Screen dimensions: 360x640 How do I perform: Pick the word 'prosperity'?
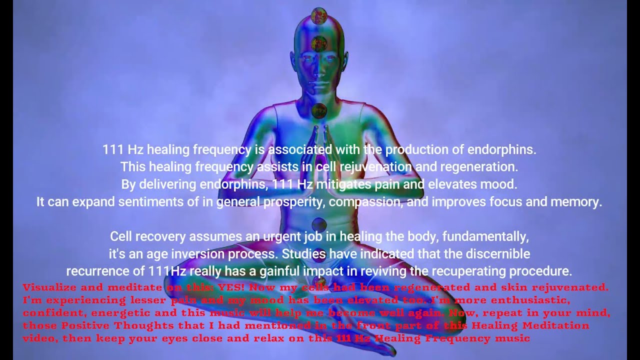pyautogui.click(x=293, y=202)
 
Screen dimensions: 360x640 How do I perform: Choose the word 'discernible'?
pyautogui.click(x=500, y=254)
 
